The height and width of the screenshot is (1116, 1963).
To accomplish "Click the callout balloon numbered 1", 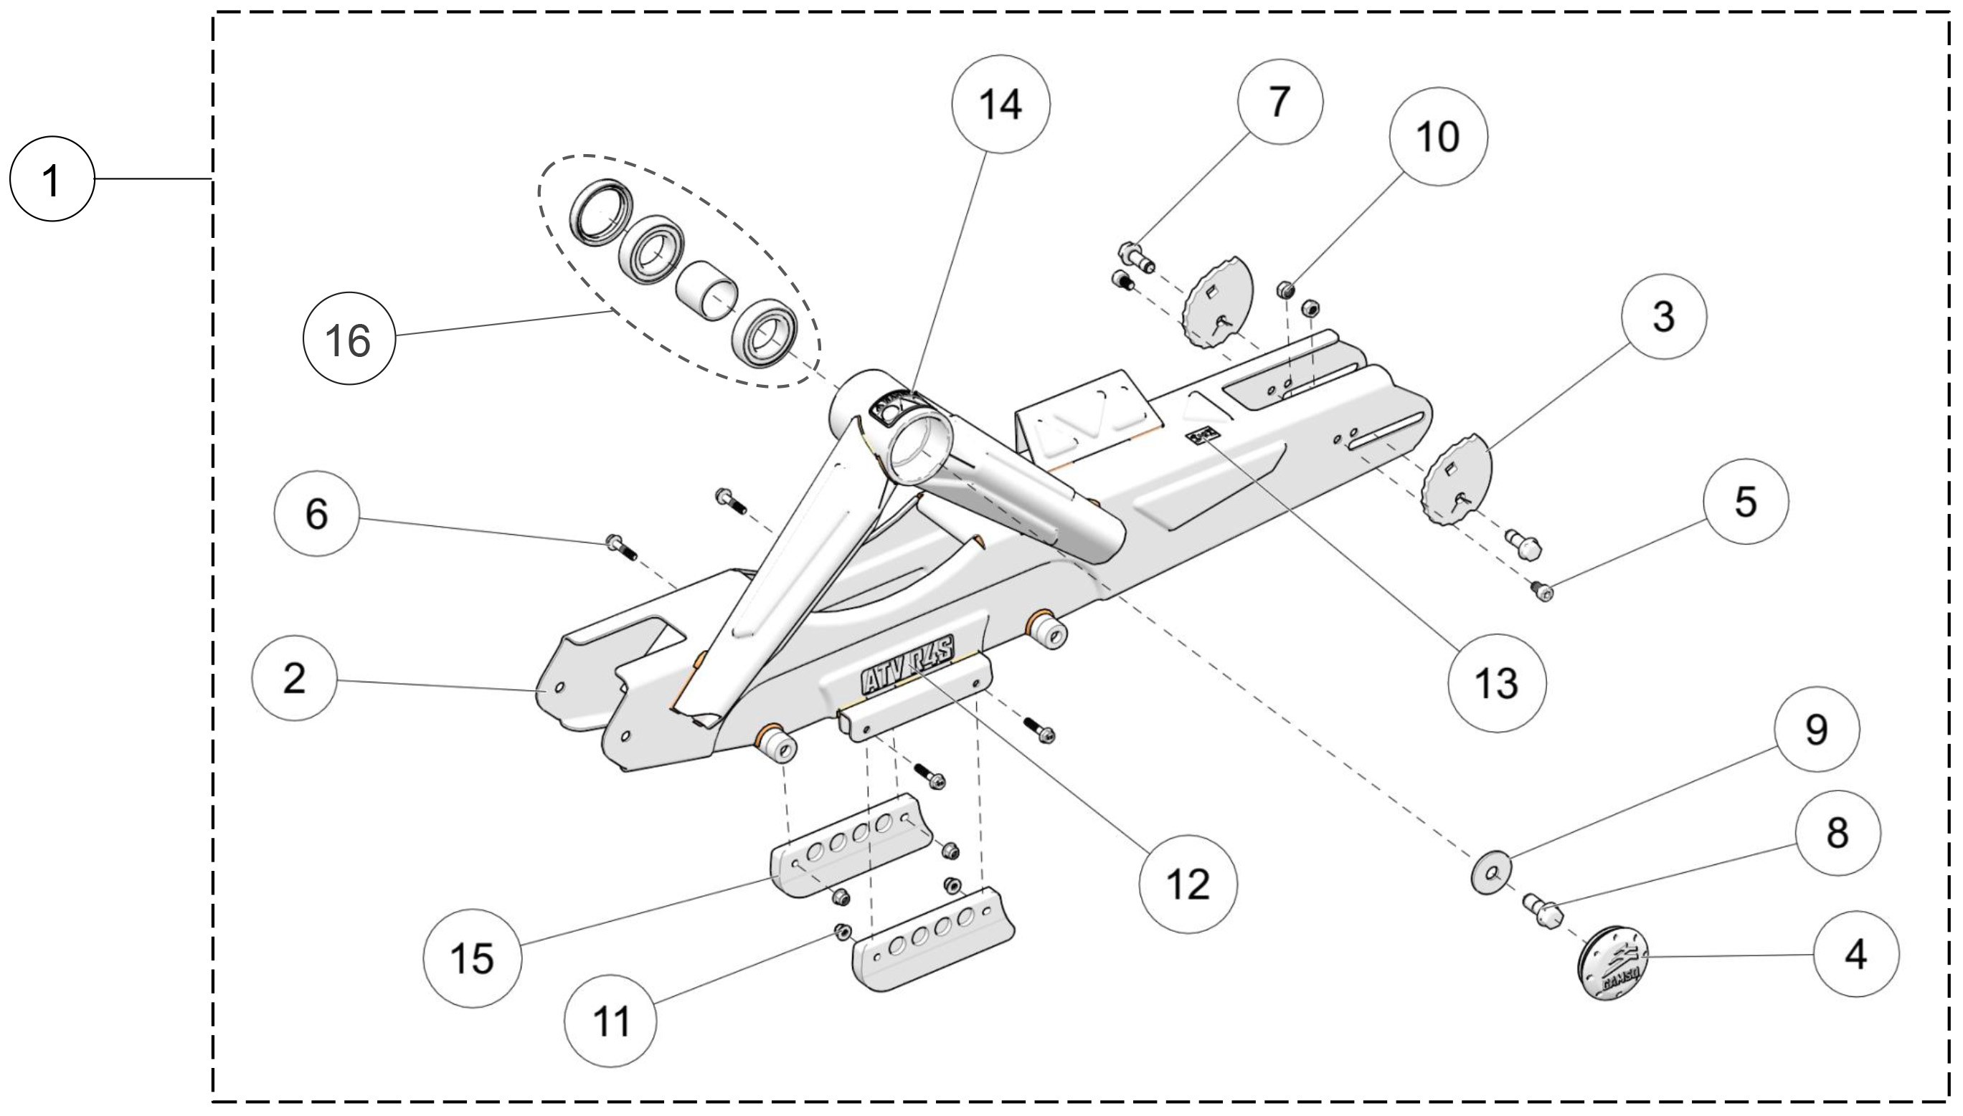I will tap(52, 178).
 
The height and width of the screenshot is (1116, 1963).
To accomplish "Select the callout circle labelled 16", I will tap(349, 340).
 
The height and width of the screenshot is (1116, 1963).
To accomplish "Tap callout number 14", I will tap(1001, 103).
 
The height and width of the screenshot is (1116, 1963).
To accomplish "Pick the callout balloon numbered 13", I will tap(1497, 682).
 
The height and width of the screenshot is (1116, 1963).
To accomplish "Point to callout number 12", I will tap(1188, 884).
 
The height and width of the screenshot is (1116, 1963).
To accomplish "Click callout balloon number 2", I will tap(293, 677).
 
